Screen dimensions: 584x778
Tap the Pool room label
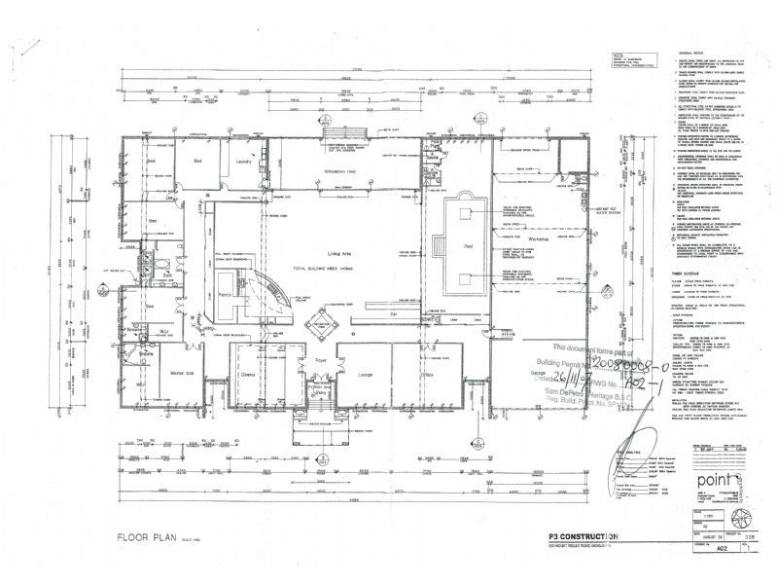click(469, 247)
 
